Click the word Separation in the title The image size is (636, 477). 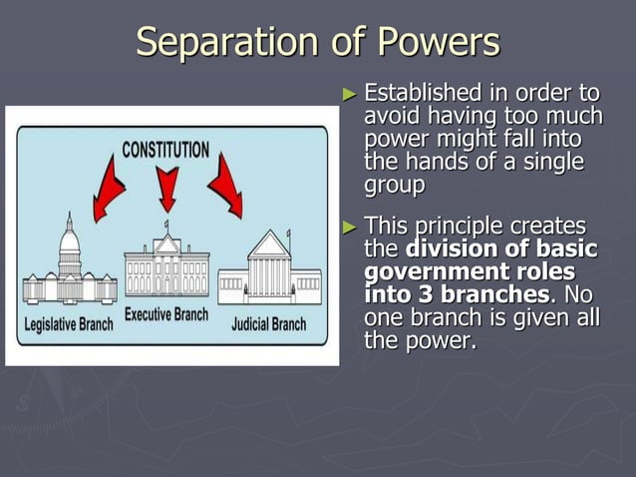(x=215, y=42)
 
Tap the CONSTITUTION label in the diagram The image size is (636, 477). (x=165, y=150)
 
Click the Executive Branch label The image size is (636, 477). (x=166, y=315)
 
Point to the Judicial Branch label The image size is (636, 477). (x=270, y=325)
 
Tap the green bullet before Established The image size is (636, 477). (x=349, y=96)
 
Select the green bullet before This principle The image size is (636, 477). (x=349, y=227)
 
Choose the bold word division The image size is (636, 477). (x=460, y=249)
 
